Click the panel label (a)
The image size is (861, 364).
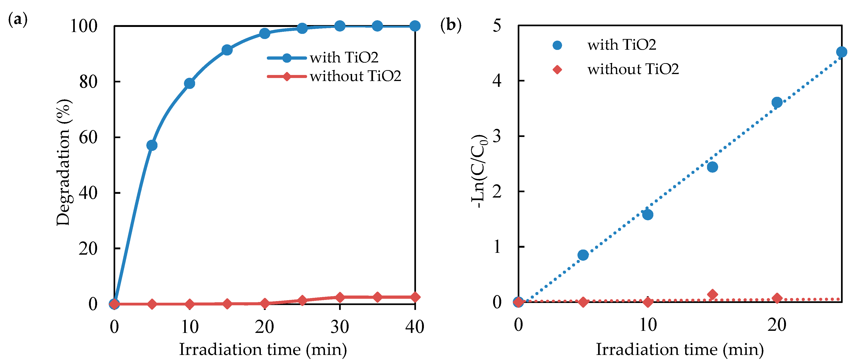click(17, 19)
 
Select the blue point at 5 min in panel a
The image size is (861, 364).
click(152, 145)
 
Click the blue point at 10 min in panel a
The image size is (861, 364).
click(190, 83)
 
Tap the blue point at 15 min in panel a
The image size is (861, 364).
click(227, 50)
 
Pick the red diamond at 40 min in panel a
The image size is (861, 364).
click(415, 297)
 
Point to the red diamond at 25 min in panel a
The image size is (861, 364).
click(302, 300)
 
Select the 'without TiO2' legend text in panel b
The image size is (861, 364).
click(633, 69)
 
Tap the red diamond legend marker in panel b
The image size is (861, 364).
click(557, 69)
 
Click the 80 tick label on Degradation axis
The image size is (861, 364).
click(88, 82)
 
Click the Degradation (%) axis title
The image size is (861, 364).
click(63, 163)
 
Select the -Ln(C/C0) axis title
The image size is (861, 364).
click(479, 171)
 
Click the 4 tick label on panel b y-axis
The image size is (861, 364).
click(497, 81)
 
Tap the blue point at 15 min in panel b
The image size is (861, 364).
click(712, 167)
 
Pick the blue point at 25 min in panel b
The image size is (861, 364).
click(842, 52)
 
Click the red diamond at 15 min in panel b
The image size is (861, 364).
click(712, 294)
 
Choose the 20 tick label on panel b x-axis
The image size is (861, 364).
click(777, 325)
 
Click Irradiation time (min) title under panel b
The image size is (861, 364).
click(680, 350)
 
